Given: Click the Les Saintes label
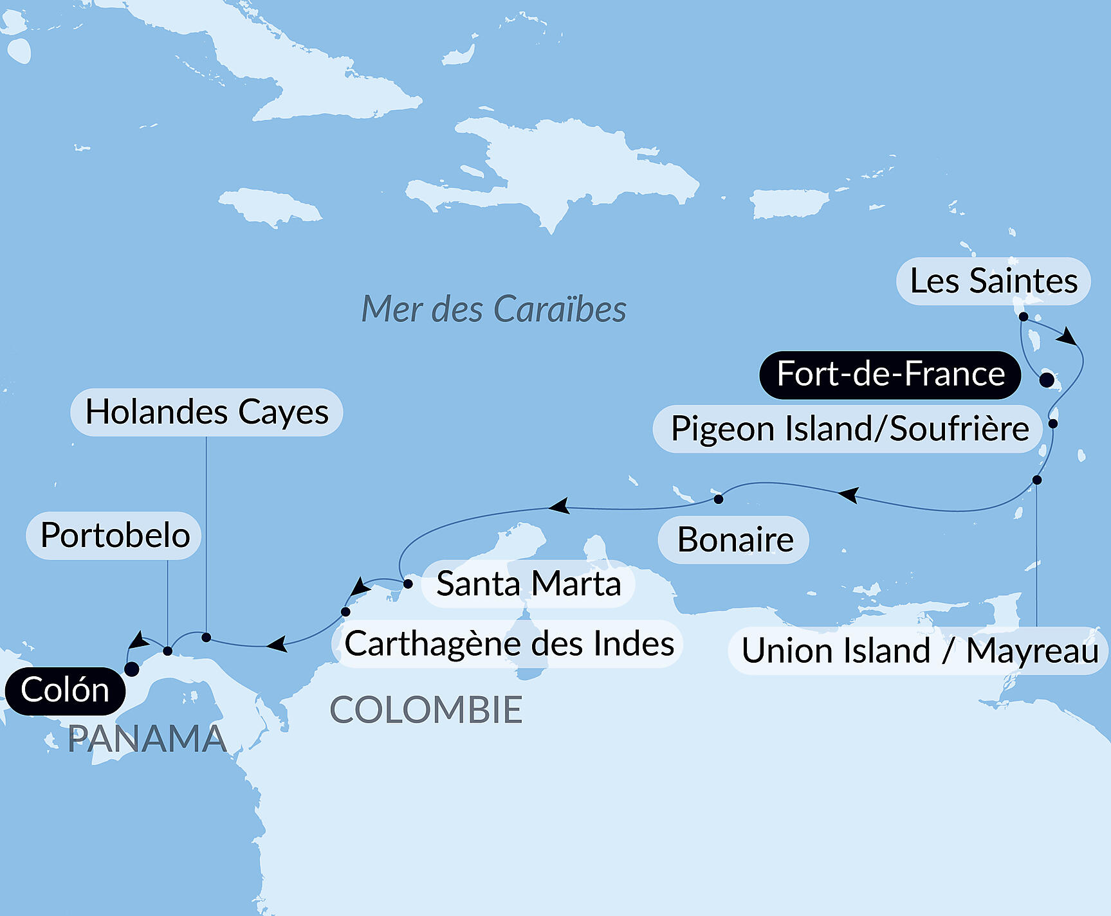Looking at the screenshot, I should point(993,281).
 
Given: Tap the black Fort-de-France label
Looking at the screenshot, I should point(890,374).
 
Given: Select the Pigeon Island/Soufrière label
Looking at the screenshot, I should point(849,429).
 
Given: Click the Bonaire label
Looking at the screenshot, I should point(734,539).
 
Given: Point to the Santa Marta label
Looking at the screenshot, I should point(528,584).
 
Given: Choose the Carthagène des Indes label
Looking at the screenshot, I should point(508,643).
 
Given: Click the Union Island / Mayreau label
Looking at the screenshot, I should point(919,651).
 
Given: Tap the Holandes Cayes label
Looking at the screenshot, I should point(207,412).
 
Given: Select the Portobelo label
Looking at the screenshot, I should point(115,535).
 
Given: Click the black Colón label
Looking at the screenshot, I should point(64,691).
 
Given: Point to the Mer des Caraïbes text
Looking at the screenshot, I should point(493,309).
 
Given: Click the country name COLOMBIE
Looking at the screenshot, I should point(426,710).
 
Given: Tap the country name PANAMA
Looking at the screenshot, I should point(147,739).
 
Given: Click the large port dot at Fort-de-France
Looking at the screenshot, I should point(1047,380).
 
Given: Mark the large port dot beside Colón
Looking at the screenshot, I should point(131,669).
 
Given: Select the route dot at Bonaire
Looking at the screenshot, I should point(719,499).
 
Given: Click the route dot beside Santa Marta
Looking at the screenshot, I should point(408,584).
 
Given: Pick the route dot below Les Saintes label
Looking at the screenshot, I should point(1023,316).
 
